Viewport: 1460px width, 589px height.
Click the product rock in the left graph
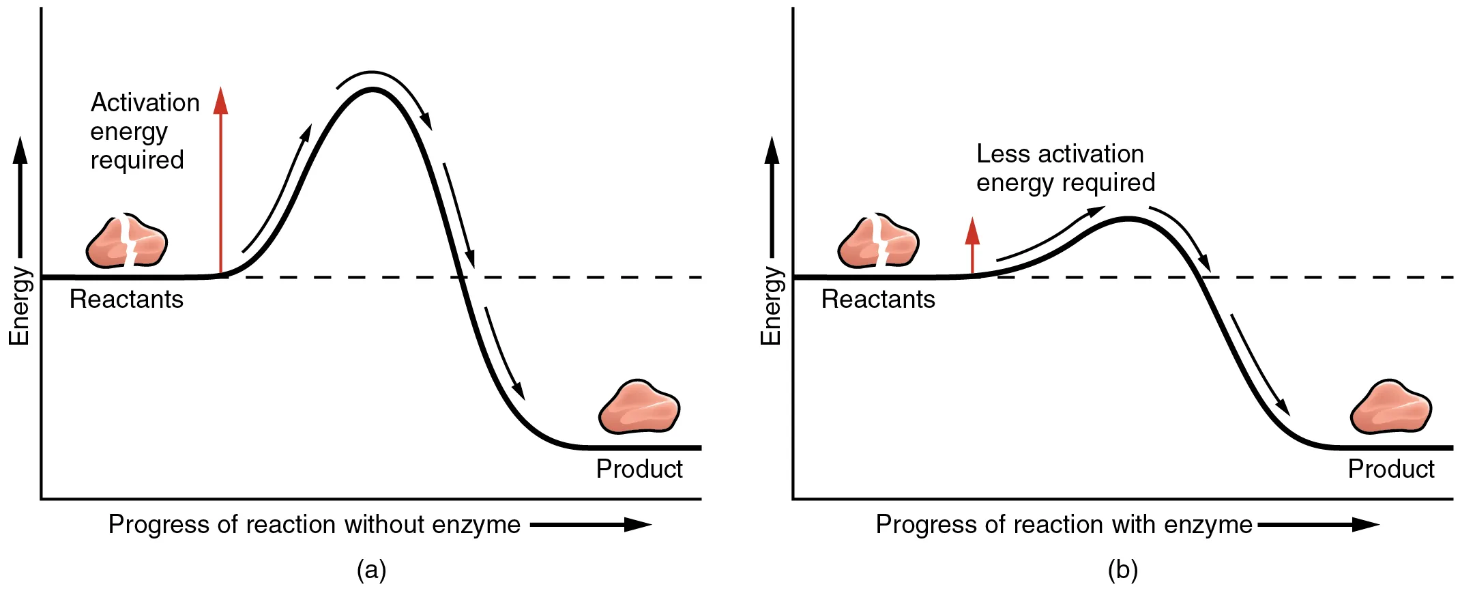coord(639,407)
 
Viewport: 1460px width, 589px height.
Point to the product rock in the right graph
coord(1391,407)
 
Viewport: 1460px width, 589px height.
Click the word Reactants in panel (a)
coord(126,299)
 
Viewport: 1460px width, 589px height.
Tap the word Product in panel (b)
coord(1391,469)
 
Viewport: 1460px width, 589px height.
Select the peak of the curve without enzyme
coord(372,90)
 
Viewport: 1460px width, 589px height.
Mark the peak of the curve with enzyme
coord(1128,219)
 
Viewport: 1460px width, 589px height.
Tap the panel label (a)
coord(372,569)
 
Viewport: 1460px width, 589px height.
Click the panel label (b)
coord(1123,569)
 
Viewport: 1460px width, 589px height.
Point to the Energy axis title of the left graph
coord(19,306)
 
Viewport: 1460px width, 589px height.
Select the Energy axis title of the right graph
coord(771,306)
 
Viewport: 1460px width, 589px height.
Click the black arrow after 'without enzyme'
coord(590,524)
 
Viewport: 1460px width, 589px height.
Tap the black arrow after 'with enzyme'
coord(1318,524)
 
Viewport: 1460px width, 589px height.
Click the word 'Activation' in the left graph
coord(145,102)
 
